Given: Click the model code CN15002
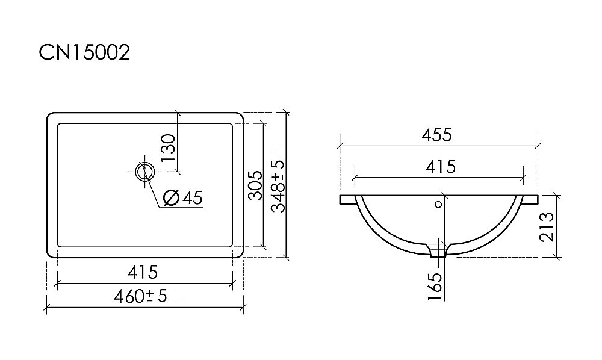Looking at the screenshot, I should [x=84, y=53].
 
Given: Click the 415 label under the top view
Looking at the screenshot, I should [x=142, y=272].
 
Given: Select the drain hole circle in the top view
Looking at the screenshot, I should [x=144, y=172].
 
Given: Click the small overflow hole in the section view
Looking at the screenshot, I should [x=438, y=205].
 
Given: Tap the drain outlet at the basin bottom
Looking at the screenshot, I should [x=438, y=250].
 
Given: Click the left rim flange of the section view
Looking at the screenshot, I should [x=347, y=199].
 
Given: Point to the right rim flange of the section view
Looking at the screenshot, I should [x=529, y=199].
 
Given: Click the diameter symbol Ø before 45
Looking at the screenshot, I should [x=170, y=197].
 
